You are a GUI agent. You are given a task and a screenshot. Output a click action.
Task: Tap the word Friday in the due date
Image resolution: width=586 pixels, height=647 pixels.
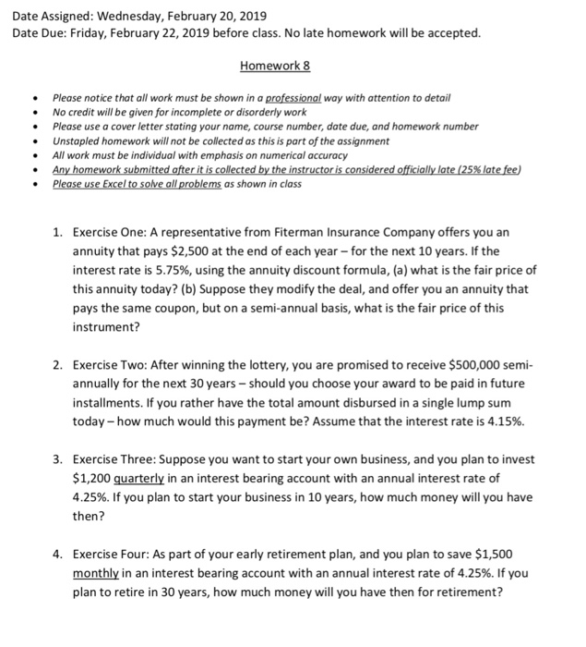[93, 33]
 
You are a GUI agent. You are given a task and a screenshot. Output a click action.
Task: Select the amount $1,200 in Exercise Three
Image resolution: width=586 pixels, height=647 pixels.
[92, 478]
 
